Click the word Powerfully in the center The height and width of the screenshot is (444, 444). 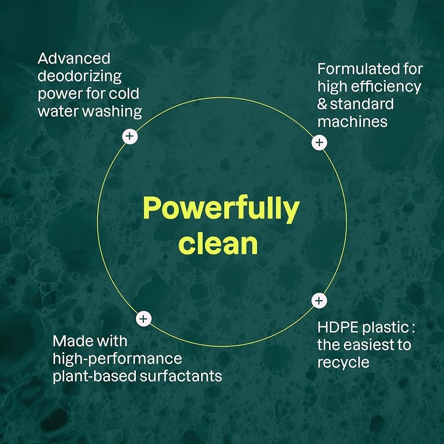(x=221, y=209)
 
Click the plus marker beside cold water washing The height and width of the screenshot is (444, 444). (x=130, y=136)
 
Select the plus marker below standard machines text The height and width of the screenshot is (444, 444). (x=319, y=143)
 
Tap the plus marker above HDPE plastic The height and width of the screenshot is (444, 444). (x=319, y=301)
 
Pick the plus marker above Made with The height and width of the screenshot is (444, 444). (x=144, y=319)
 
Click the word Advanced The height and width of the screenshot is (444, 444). (x=74, y=59)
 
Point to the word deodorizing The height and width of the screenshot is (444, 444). (x=79, y=77)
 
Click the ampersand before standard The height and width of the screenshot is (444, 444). (x=322, y=104)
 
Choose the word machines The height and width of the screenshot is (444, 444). (x=353, y=122)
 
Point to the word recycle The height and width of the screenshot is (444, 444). (x=344, y=363)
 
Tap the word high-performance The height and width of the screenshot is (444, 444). (x=117, y=359)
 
